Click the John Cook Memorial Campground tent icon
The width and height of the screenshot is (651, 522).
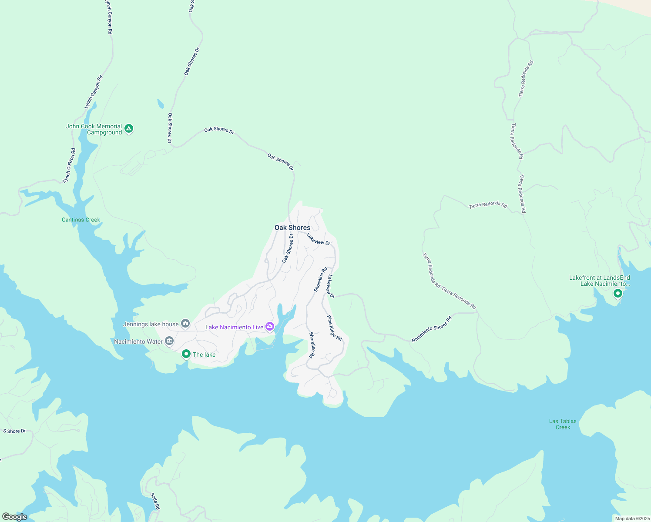coord(128,128)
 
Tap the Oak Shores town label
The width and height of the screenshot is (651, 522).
coord(292,228)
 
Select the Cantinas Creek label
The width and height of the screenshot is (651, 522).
coord(81,220)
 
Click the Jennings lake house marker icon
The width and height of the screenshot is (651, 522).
coord(186,323)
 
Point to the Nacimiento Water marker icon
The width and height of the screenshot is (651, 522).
coord(169,341)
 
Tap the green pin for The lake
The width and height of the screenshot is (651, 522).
coord(186,354)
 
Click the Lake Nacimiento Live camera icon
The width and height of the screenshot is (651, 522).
coord(270,326)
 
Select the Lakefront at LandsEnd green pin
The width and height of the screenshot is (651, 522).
coord(617,294)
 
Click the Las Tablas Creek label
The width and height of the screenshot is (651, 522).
coord(563,424)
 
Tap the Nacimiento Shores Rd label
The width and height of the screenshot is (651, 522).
coord(432,329)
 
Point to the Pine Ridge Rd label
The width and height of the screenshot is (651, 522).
coord(334,328)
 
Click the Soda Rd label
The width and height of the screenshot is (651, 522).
coord(155,501)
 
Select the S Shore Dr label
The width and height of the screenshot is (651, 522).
coord(14,431)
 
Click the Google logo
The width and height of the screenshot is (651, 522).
coord(14,517)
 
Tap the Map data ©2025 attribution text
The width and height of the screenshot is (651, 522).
coord(632,519)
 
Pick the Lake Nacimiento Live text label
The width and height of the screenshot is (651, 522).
coord(234,327)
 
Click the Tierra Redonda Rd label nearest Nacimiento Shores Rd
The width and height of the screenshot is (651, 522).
coord(459,298)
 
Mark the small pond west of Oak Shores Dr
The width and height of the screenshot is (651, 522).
coord(161,104)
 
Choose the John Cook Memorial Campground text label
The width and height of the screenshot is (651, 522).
coord(94,129)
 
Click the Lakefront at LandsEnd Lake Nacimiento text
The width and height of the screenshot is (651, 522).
coord(599,281)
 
